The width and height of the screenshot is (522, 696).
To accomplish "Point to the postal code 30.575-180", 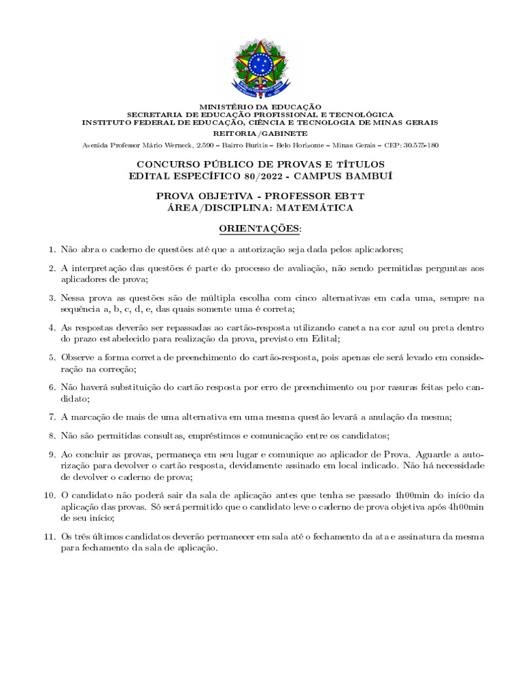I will pos(421,145).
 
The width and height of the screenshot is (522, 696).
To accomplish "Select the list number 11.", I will pos(48,537).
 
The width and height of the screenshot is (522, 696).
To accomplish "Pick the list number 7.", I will pos(51,417).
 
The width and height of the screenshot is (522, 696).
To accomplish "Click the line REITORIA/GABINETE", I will pos(260,135).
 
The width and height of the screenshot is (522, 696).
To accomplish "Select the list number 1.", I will pos(51,250).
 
